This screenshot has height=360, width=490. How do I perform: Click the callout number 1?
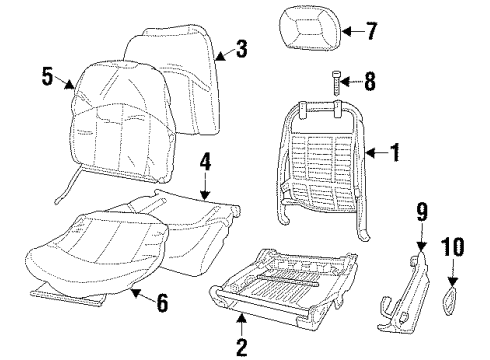[x=395, y=152]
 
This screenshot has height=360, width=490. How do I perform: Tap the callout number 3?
[x=240, y=48]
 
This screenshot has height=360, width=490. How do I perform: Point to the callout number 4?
[x=204, y=160]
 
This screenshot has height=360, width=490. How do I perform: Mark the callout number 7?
[x=371, y=31]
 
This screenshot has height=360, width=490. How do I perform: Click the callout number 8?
[x=369, y=81]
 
